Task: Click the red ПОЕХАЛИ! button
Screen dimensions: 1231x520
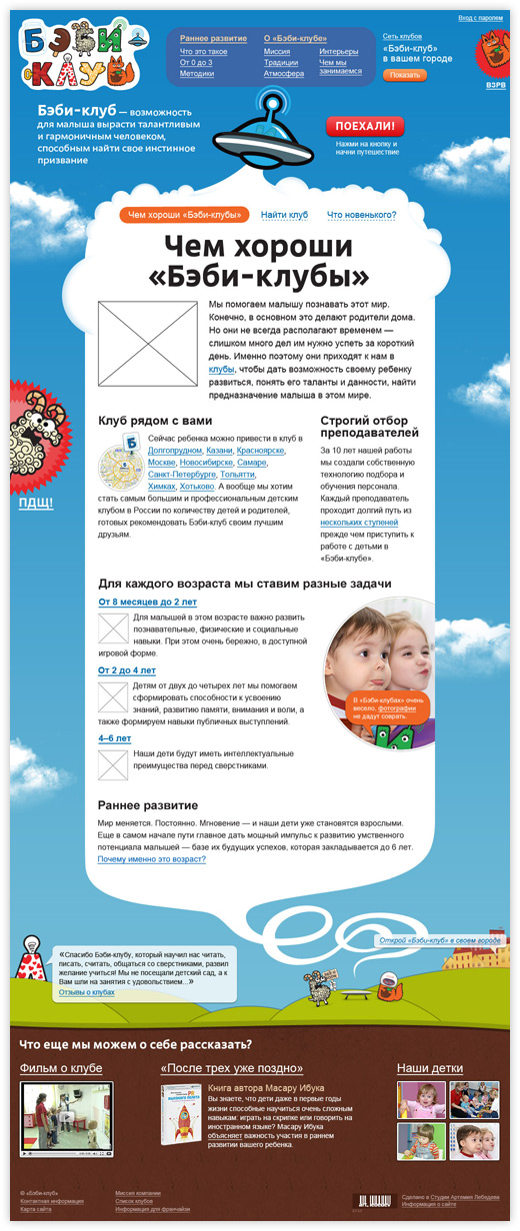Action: coord(365,127)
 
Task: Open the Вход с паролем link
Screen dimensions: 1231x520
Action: coord(481,18)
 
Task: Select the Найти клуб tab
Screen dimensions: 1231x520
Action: coord(284,215)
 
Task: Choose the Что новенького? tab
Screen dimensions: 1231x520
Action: coord(361,215)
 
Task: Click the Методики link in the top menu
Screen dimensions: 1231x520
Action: coord(197,74)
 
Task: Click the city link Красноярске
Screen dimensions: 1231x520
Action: coord(267,451)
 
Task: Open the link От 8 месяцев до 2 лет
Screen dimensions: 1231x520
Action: coord(147,603)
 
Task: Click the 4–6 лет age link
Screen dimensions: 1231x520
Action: coord(114,737)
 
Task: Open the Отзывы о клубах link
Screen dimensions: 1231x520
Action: coord(87,992)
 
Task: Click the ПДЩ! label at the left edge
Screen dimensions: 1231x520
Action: coord(36,502)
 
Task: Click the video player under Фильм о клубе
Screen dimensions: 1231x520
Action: coord(66,1119)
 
